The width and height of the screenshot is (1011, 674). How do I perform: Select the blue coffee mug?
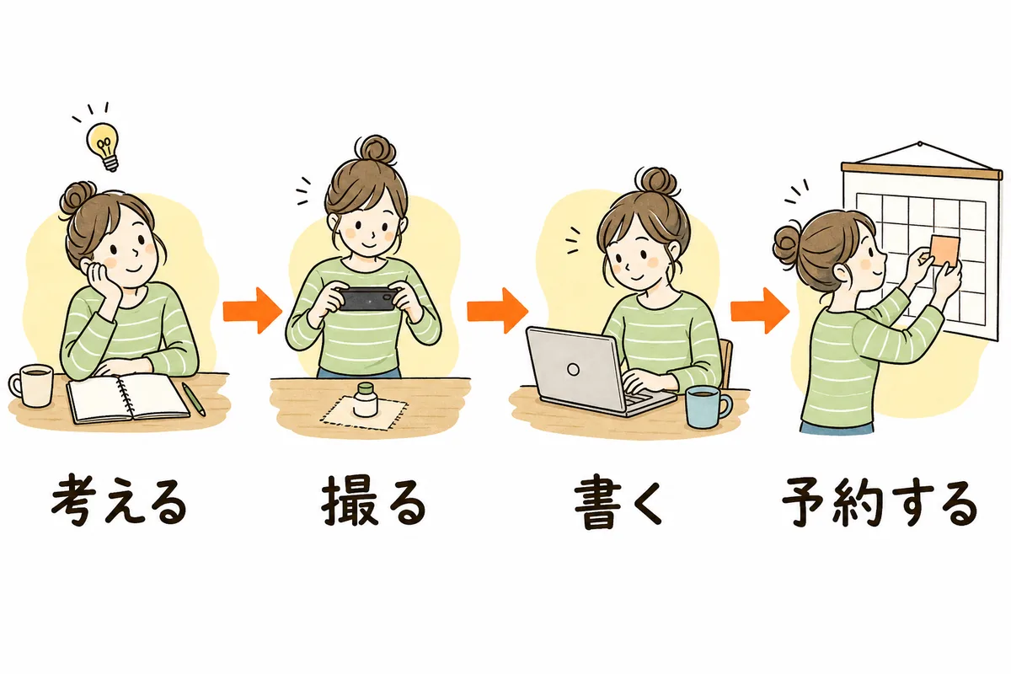pos(705,406)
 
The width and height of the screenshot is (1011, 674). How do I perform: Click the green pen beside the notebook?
pos(193,399)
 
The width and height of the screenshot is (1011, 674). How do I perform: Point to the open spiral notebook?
pos(129,398)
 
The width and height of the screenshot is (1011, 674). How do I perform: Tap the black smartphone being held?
pos(367,298)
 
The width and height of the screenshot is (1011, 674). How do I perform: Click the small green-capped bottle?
pos(365,399)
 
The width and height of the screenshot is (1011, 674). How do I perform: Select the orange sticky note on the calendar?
pos(940,250)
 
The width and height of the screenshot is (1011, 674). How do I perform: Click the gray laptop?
pos(596,370)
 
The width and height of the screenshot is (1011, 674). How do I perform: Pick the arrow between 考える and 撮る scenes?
pos(252,311)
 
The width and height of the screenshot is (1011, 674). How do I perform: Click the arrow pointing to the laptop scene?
pos(497,311)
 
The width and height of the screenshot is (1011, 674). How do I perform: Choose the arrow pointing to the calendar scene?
pos(760,311)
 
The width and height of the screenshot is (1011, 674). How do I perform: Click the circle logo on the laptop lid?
pos(573,369)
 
